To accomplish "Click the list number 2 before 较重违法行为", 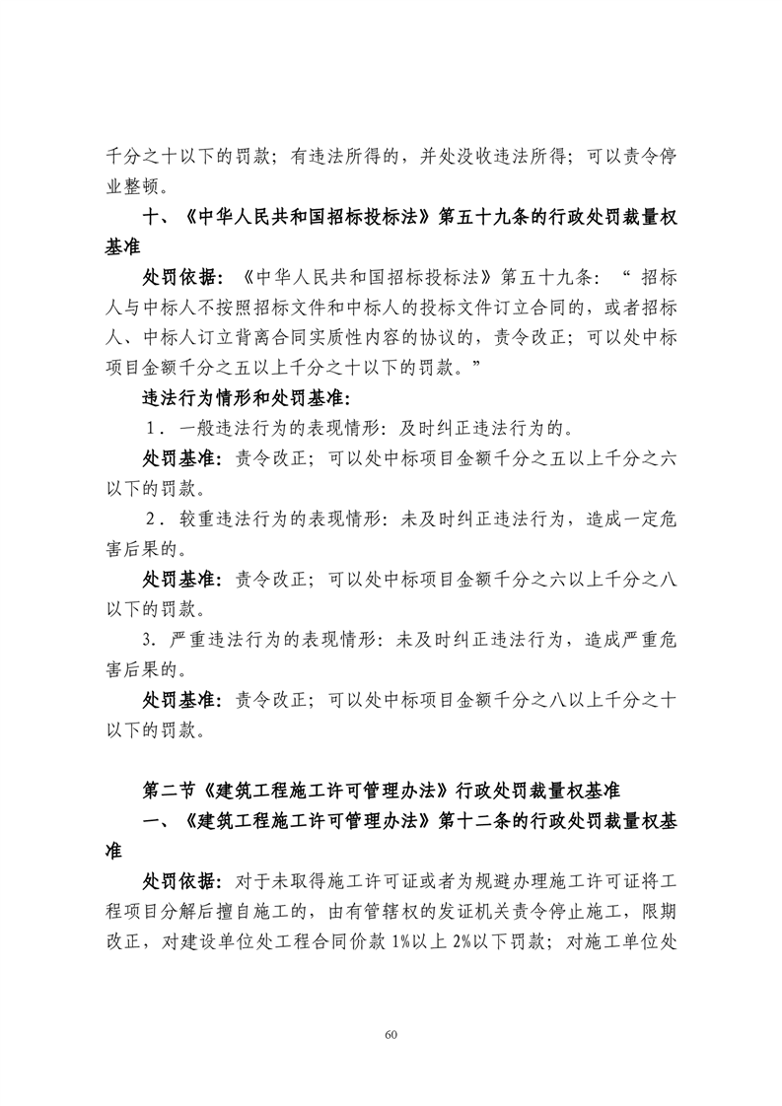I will [x=151, y=518].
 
